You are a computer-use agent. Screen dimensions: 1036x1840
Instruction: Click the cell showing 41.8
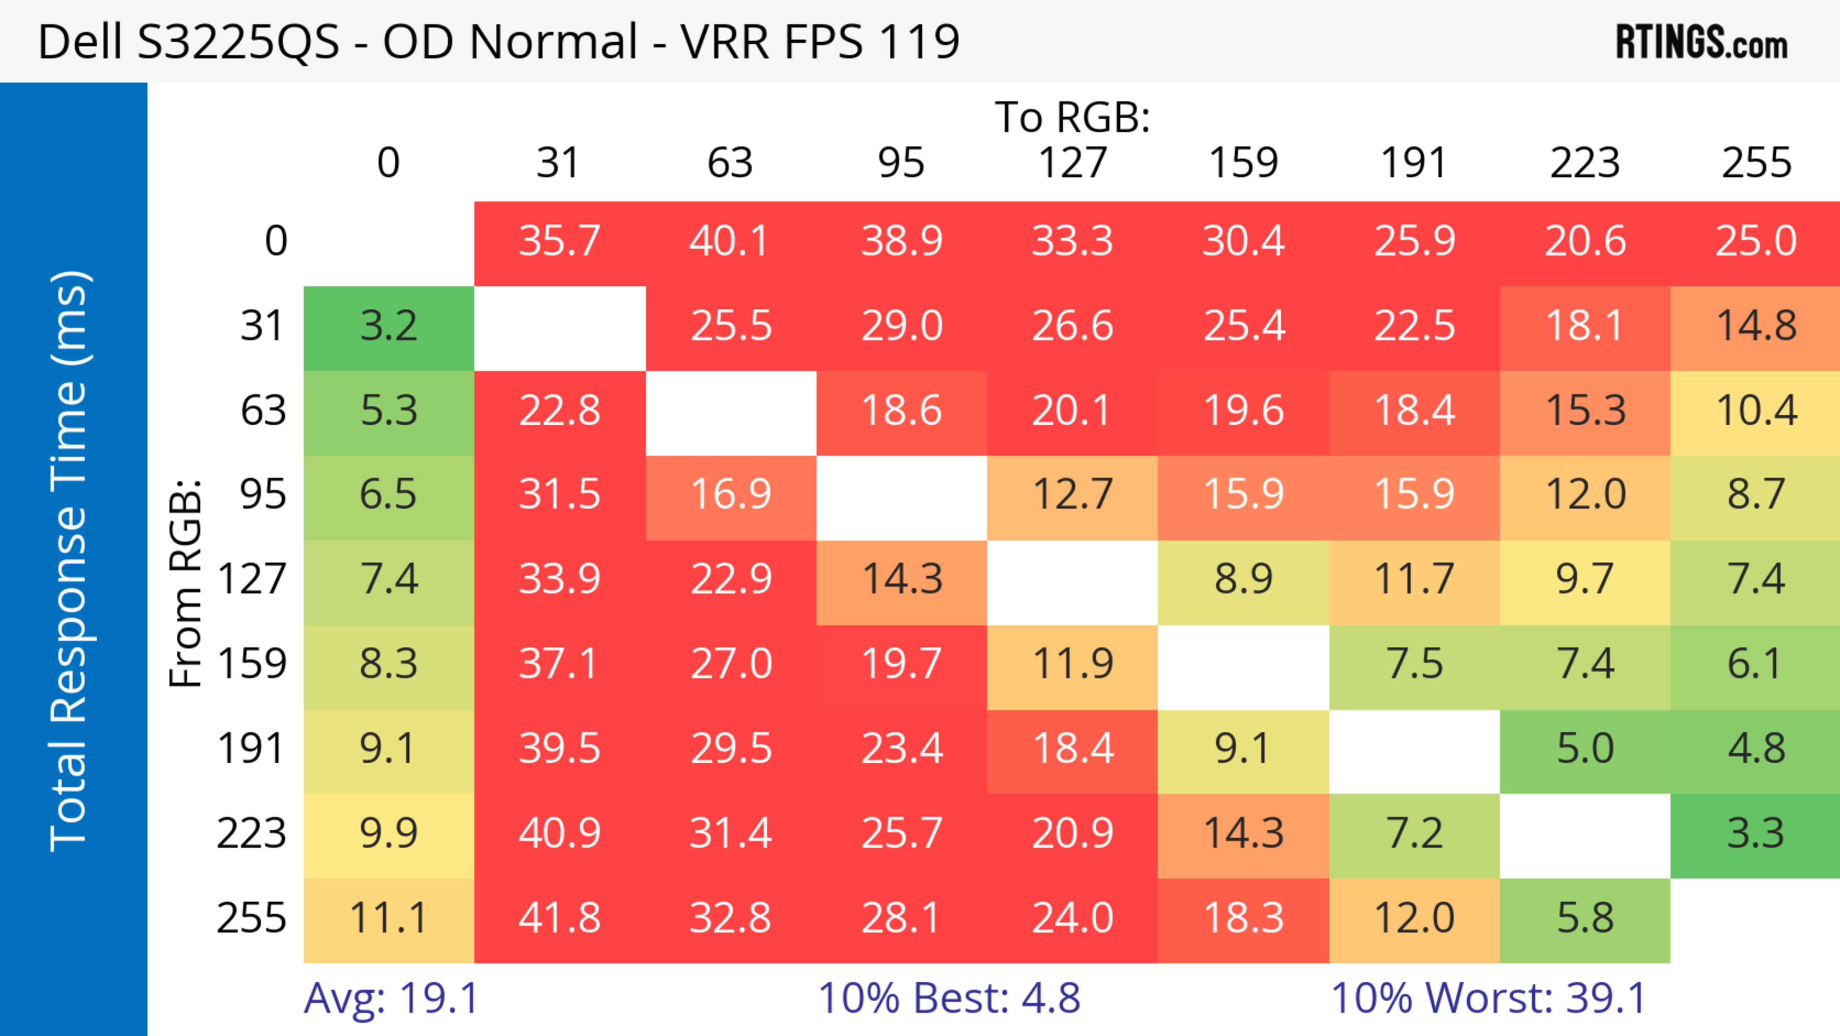click(x=559, y=918)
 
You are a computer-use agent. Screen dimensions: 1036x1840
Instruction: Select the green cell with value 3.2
click(x=389, y=326)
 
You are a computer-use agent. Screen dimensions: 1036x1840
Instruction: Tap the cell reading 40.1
click(x=730, y=241)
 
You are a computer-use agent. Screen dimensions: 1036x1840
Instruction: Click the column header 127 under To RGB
click(x=1072, y=163)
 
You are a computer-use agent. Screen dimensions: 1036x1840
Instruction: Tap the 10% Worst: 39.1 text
click(x=1489, y=998)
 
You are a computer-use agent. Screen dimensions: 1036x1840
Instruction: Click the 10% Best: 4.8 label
click(x=949, y=998)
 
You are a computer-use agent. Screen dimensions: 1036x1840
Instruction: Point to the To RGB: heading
click(x=1072, y=117)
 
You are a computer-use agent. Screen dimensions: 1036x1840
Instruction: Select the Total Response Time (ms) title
click(x=70, y=561)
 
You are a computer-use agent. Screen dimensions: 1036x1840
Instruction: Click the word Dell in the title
click(x=80, y=41)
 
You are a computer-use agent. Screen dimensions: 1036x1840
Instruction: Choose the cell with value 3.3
click(x=1756, y=833)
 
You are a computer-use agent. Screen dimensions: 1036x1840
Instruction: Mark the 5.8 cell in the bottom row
click(x=1585, y=918)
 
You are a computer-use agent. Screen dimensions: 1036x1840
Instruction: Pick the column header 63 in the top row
click(x=730, y=163)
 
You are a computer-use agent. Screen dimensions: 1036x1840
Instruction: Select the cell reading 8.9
click(x=1243, y=579)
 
